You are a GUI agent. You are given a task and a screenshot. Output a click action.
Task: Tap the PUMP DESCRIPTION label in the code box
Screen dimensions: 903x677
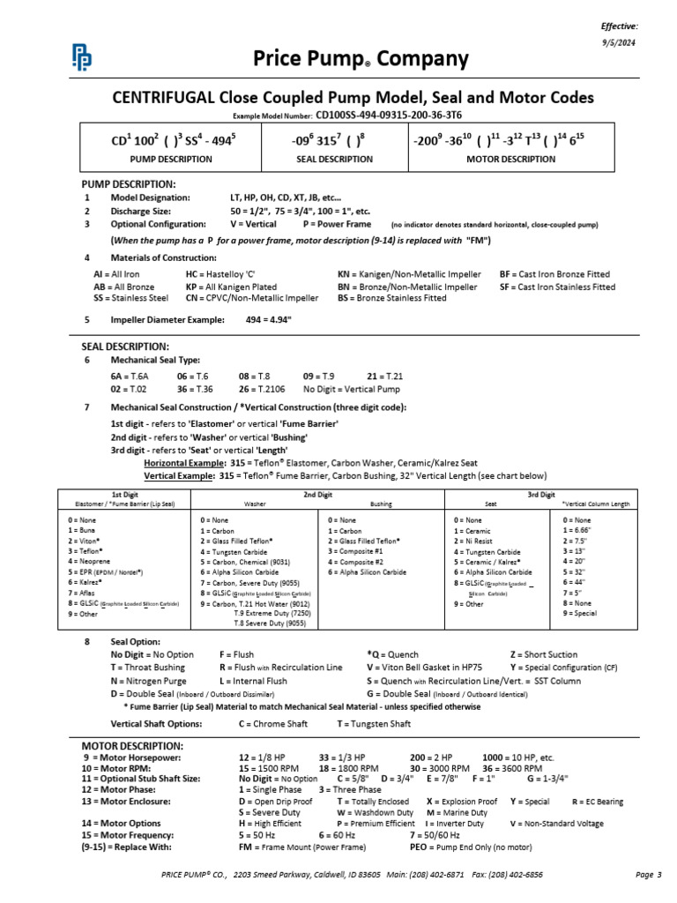point(171,160)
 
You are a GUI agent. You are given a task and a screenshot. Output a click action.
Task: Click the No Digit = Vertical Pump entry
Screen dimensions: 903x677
point(351,388)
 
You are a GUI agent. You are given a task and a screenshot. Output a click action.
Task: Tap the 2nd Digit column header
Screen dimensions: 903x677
point(316,496)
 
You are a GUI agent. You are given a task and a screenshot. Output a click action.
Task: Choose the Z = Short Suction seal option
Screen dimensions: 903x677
point(543,654)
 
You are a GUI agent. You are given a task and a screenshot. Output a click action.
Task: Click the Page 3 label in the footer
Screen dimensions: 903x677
point(647,875)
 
